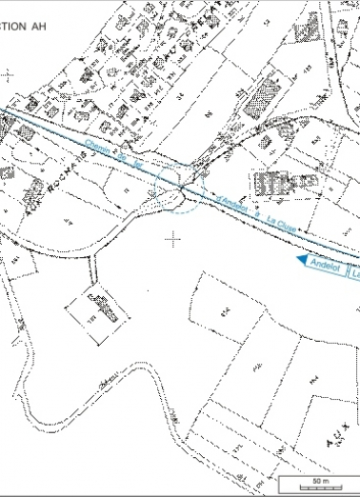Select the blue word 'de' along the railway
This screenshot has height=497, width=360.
[x=122, y=155]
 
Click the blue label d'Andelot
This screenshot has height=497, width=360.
[x=231, y=202]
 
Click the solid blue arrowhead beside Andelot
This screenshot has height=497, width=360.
[x=301, y=258]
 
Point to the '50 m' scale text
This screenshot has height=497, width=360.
[x=320, y=475]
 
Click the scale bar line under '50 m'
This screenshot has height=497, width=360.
[x=320, y=484]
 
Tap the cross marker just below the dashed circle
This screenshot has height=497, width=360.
[x=172, y=239]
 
